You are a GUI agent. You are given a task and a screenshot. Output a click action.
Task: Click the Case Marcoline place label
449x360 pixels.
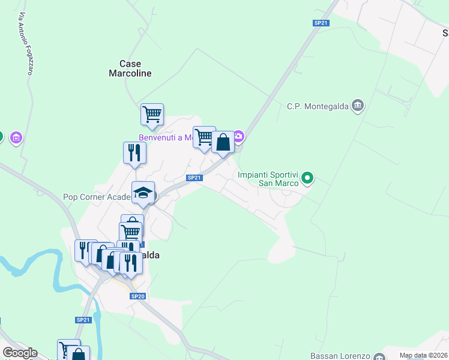[x=130, y=68]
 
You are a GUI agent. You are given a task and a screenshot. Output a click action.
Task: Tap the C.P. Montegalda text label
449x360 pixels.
[x=318, y=106]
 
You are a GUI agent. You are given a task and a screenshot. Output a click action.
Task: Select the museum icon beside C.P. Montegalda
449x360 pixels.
[x=358, y=106]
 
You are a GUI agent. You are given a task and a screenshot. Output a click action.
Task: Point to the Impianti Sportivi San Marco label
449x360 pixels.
[x=268, y=179]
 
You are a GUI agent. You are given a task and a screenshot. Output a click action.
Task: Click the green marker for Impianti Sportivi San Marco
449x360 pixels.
[x=308, y=177]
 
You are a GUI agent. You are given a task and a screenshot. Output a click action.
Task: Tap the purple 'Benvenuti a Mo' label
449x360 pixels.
[x=165, y=137]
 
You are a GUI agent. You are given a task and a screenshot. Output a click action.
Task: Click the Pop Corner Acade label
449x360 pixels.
[x=97, y=197]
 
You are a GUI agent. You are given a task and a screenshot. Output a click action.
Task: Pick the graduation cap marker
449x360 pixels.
[x=143, y=193]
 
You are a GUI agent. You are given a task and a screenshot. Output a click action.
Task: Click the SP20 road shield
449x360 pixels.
[x=138, y=296]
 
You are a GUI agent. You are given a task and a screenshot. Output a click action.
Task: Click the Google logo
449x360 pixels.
[x=20, y=352]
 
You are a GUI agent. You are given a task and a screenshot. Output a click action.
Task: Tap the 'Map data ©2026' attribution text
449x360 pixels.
[x=423, y=355]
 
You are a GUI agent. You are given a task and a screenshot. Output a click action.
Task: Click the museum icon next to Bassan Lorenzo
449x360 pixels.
[x=379, y=357]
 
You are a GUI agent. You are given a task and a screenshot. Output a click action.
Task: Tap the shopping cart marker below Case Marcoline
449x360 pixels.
[x=152, y=113]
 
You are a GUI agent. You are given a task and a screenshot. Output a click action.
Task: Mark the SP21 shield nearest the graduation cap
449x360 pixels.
[x=193, y=178]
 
